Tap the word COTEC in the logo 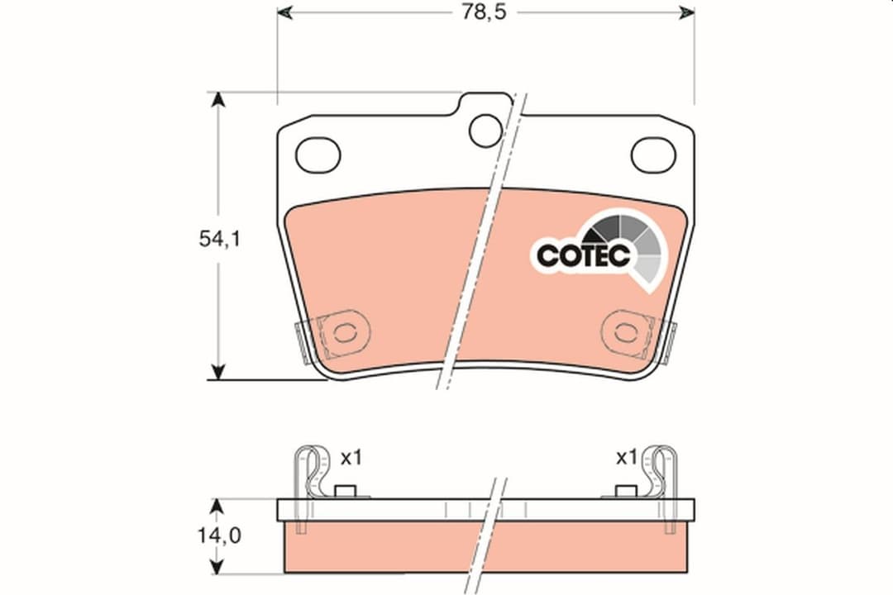click(583, 255)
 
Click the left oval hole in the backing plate click(318, 155)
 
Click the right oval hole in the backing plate click(654, 155)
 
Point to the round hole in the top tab click(485, 129)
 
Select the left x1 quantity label click(351, 457)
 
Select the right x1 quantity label click(627, 457)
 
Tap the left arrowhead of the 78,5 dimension click(284, 13)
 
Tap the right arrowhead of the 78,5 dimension click(687, 13)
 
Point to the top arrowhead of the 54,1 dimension click(218, 100)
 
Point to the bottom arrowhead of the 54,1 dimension click(218, 373)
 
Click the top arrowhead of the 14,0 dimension click(218, 505)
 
